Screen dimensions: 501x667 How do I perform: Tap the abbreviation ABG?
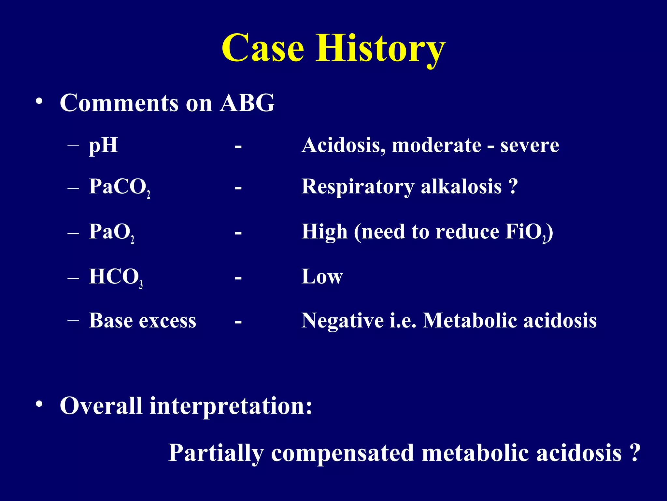pos(247,103)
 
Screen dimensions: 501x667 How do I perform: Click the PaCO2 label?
pos(119,187)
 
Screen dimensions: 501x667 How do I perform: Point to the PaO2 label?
pos(111,232)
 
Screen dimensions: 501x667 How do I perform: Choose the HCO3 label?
pos(116,277)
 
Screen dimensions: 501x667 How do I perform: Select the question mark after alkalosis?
pos(513,187)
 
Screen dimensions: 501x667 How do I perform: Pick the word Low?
pos(322,277)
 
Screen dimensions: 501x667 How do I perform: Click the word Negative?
pos(343,321)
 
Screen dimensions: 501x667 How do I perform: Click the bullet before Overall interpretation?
pos(39,404)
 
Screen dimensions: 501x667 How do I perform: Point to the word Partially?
pos(216,453)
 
